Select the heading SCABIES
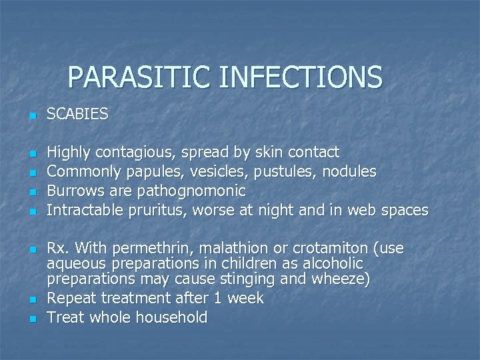[x=77, y=115]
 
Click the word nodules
[x=349, y=172]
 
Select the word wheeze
[x=340, y=279]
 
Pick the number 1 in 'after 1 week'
[x=218, y=298]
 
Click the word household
[x=172, y=317]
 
